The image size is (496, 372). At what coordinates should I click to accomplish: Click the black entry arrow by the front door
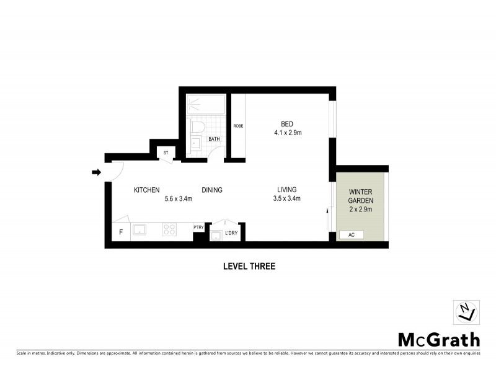point(96,172)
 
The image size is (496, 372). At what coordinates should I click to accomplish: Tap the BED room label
point(287,123)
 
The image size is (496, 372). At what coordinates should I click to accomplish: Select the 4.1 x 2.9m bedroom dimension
point(287,133)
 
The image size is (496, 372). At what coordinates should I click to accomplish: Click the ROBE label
point(238,126)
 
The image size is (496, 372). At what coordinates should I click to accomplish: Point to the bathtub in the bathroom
point(205,105)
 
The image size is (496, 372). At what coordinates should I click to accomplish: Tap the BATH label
point(215,139)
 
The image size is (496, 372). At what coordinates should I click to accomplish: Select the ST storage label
point(166,153)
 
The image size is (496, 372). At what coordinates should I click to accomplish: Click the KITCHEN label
point(147,190)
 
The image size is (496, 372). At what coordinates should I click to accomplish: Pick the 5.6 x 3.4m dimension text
point(179,199)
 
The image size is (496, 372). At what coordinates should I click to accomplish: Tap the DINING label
point(212,190)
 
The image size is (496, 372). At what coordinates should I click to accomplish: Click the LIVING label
point(286,190)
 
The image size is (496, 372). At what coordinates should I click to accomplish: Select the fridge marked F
point(120,232)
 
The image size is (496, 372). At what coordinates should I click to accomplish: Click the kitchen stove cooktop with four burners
point(170,230)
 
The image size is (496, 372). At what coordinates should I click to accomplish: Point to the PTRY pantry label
point(198,227)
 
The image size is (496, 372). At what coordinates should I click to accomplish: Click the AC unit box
point(351,236)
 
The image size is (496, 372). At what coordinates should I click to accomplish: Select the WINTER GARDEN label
point(360,196)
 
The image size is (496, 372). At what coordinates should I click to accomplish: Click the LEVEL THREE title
point(249,267)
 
